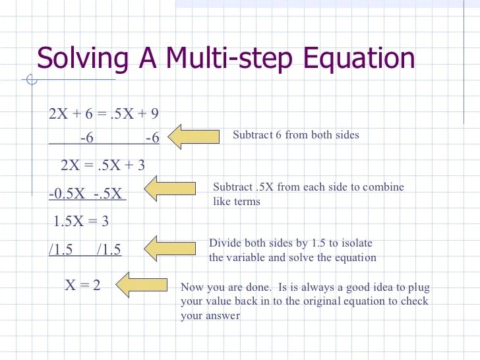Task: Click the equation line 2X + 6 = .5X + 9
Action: click(x=104, y=114)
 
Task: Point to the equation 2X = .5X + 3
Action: click(x=102, y=165)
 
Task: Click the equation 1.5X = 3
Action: click(x=80, y=221)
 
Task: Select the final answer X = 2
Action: click(x=82, y=285)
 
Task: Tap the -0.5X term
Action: click(x=68, y=195)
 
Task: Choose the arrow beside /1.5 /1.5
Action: click(x=170, y=248)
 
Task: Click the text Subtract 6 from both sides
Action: click(x=296, y=135)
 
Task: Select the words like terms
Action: click(x=237, y=201)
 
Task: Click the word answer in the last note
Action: click(x=223, y=316)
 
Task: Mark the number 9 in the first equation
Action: click(x=154, y=114)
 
